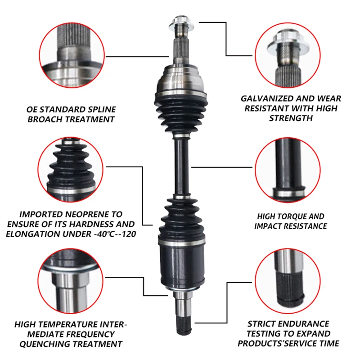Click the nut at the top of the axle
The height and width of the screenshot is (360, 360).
(181, 24)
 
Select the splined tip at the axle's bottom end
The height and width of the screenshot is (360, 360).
(184, 324)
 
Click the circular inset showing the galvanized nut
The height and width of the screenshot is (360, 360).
(288, 55)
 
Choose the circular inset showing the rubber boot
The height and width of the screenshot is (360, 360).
(70, 170)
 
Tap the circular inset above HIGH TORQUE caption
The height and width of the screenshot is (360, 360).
(288, 170)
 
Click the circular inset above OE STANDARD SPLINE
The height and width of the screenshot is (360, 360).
(72, 55)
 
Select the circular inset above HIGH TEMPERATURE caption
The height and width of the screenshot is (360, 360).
(70, 281)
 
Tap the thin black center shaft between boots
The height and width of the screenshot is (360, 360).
(181, 166)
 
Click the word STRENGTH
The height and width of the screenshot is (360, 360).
(291, 118)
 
